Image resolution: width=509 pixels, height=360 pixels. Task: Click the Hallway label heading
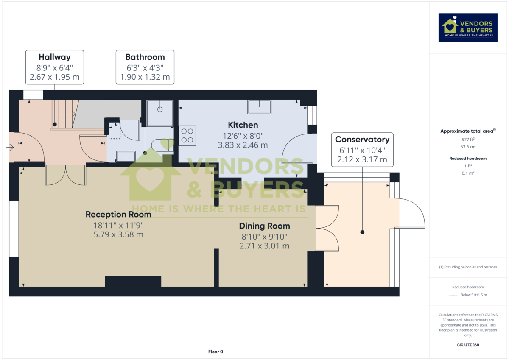coord(54,57)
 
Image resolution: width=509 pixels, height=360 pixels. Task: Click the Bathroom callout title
coord(145,57)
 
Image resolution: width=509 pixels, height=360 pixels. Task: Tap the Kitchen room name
coord(243,125)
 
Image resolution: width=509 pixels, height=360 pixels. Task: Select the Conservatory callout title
coord(362,140)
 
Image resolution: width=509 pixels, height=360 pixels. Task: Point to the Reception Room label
coord(118,214)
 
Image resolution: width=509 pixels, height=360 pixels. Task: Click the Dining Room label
coord(264,226)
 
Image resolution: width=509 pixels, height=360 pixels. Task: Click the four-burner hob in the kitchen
coord(187,135)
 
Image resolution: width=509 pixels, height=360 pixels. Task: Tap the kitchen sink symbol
coord(259,107)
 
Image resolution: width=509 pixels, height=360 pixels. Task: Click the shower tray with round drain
coord(160,112)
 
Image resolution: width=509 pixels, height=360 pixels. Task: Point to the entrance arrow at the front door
coord(10,147)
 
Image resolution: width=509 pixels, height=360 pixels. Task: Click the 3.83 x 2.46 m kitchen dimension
coord(243,145)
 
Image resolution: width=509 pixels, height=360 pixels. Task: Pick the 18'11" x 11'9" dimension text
coord(118,225)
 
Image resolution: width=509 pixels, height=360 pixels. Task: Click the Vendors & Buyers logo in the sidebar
coord(468,27)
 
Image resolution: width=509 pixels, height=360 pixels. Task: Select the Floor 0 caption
coord(215,352)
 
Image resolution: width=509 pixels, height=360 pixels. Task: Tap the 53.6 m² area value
coord(468,146)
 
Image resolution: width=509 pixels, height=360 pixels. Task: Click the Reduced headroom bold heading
coord(468,158)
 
